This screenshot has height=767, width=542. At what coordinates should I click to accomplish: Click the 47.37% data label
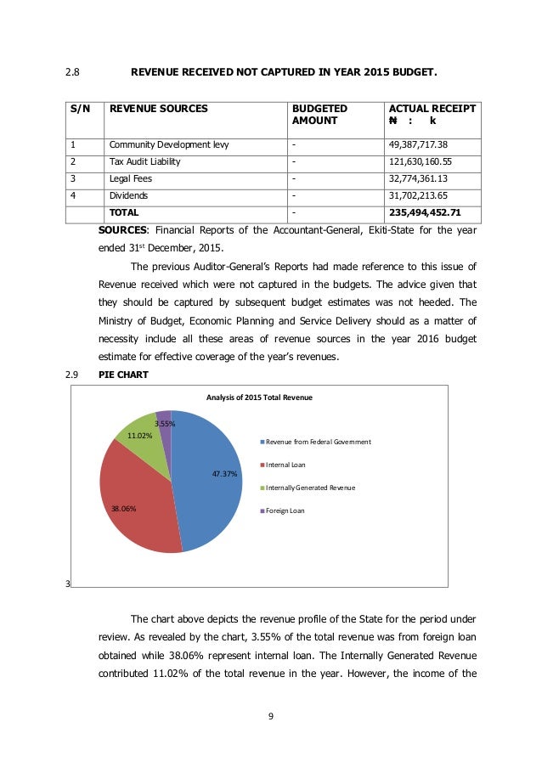(x=224, y=474)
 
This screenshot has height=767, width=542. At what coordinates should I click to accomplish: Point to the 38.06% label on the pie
(x=123, y=509)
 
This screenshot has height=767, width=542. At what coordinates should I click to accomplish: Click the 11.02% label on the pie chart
(x=139, y=435)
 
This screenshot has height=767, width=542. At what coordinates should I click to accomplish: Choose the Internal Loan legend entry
(x=285, y=465)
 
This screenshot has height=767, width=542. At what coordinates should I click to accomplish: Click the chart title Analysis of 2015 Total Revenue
(x=259, y=397)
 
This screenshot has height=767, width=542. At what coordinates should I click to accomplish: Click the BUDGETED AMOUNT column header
(x=319, y=116)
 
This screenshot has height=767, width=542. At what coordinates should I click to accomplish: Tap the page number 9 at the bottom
(x=270, y=717)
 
